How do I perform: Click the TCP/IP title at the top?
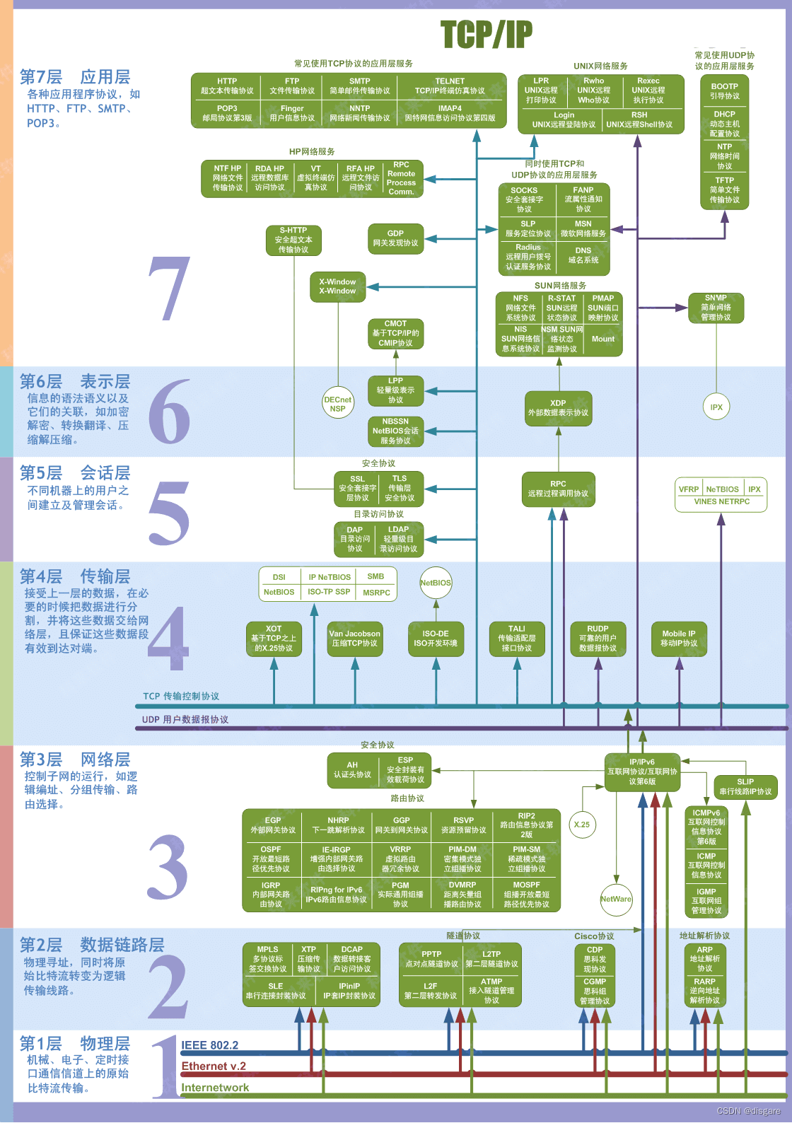tap(486, 34)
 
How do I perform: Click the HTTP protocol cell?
tap(227, 86)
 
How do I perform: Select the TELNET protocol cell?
tap(450, 86)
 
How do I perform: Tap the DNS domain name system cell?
tap(583, 255)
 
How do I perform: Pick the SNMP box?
tap(716, 308)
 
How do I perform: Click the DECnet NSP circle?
tap(337, 404)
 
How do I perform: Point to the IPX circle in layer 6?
tap(716, 407)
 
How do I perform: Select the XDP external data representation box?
tap(558, 408)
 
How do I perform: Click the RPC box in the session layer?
tap(558, 489)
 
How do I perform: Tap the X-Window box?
tap(337, 286)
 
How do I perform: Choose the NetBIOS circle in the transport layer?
tap(436, 583)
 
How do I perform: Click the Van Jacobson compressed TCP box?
tap(354, 639)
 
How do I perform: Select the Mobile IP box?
tap(678, 639)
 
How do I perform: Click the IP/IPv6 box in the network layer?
tap(642, 772)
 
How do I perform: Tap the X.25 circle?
tap(582, 824)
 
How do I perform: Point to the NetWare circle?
tap(616, 899)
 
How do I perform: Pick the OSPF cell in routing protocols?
tap(271, 859)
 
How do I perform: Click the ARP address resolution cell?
tap(704, 958)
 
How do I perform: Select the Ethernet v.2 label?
tap(214, 1066)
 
